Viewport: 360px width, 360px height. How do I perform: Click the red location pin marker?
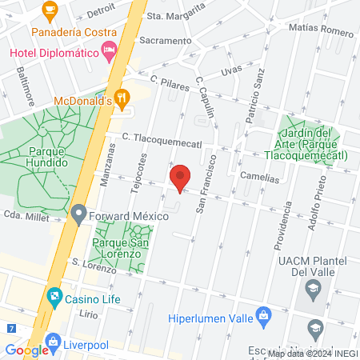click(x=181, y=178)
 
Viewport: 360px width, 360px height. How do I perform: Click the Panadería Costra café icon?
click(x=50, y=12)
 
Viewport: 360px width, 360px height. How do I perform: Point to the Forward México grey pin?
click(x=78, y=214)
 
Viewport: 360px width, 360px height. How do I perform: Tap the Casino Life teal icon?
click(x=54, y=298)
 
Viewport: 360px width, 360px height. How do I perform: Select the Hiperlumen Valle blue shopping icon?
click(x=262, y=316)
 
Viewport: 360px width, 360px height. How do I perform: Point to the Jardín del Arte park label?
click(x=312, y=144)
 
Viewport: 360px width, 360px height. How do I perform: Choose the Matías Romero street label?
click(x=322, y=32)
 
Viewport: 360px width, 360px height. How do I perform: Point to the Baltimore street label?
click(x=25, y=86)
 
